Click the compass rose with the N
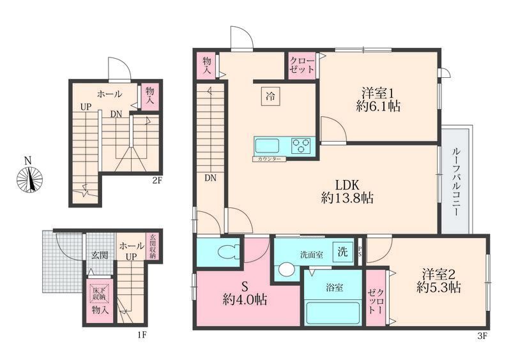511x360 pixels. [29, 179]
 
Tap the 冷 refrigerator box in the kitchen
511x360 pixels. [270, 96]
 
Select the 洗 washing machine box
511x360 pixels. [342, 252]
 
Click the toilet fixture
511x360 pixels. [227, 253]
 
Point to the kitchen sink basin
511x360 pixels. [267, 146]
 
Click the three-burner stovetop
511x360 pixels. [301, 146]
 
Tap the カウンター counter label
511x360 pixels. [269, 160]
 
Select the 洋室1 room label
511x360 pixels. [378, 93]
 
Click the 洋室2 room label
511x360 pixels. [439, 274]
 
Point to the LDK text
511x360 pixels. [347, 185]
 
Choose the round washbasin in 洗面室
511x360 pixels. [286, 270]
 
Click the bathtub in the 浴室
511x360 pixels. [333, 313]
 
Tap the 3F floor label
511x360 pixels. [482, 336]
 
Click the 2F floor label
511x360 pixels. [157, 180]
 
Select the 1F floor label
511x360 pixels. [141, 334]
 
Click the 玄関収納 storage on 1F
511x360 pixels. [153, 247]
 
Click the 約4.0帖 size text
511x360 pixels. [245, 299]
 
